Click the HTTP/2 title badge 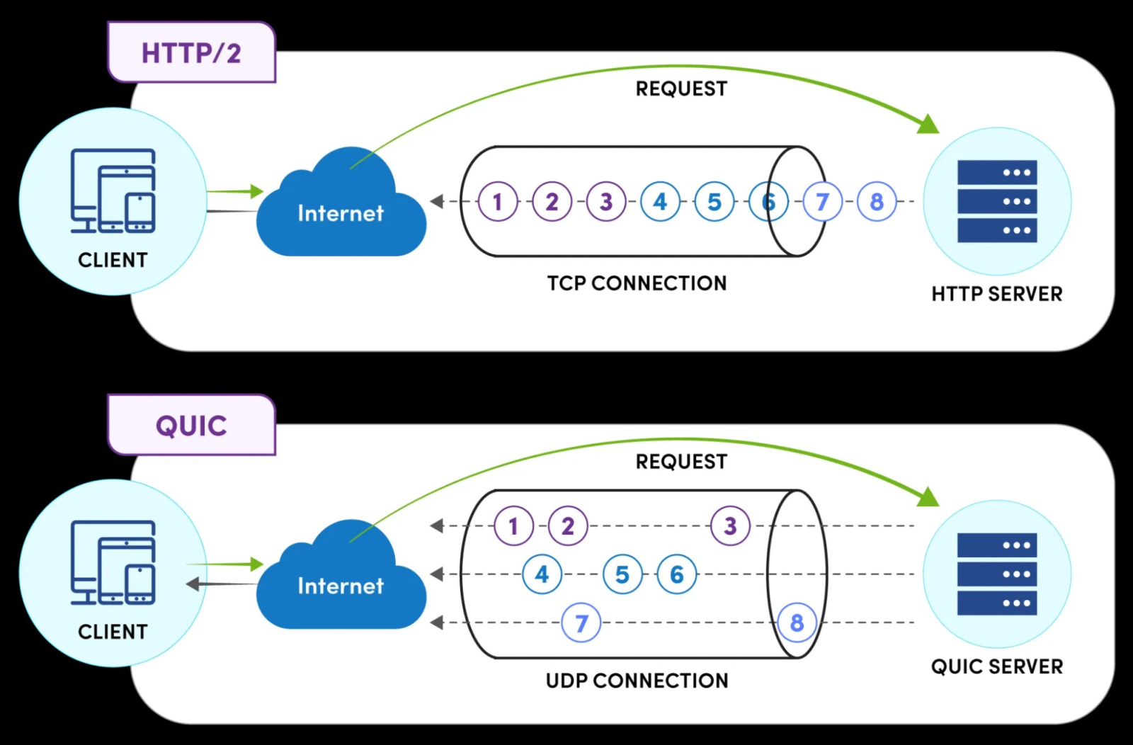tap(191, 53)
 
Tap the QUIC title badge tap(191, 426)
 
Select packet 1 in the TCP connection tap(498, 202)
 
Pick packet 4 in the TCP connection tap(660, 202)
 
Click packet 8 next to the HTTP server tap(877, 202)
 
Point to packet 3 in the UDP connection tap(730, 526)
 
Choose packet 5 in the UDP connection tap(622, 574)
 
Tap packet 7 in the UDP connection tap(581, 623)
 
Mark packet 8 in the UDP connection tap(797, 623)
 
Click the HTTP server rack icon tap(997, 202)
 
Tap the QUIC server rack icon tap(997, 574)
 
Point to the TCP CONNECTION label tap(637, 283)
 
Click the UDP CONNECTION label tap(637, 681)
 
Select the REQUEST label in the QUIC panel tap(681, 462)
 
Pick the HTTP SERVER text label tap(997, 294)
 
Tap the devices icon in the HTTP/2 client tap(113, 191)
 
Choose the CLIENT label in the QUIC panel tap(113, 632)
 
